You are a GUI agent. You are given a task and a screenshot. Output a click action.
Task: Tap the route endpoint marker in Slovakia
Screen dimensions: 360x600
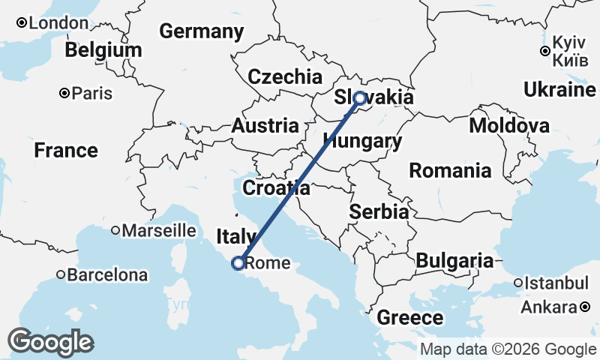point(360,97)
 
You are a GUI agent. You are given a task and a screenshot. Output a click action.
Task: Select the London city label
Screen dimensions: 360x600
point(58,23)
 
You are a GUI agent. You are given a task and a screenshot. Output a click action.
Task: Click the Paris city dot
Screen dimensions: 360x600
point(65,94)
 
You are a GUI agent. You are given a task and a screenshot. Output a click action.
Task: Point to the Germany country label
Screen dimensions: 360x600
point(202,31)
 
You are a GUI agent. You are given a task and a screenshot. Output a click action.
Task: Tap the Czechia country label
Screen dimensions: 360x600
point(285,76)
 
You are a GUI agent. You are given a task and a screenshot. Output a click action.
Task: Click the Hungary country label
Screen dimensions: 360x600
point(362,141)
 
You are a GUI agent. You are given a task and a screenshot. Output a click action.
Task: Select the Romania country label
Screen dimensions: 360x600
point(450,171)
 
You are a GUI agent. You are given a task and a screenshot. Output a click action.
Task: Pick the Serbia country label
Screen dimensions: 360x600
point(379,212)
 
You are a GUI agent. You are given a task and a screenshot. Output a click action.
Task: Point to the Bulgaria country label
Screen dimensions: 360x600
point(454,261)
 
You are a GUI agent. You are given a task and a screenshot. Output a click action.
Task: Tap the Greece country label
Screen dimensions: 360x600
point(409,317)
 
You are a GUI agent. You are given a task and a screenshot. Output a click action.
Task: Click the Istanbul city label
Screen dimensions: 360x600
point(557,283)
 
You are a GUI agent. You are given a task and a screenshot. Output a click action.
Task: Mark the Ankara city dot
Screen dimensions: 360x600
point(586,307)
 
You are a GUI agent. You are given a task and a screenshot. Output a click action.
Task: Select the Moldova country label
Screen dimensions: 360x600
point(509,125)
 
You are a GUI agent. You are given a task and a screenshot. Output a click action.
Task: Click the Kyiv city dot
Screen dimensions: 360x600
point(545,51)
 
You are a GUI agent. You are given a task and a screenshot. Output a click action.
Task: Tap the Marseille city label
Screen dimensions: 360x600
point(158,230)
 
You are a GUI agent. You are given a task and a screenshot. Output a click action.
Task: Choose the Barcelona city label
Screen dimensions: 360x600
point(107,275)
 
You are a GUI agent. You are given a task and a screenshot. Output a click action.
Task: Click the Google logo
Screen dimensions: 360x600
point(51,342)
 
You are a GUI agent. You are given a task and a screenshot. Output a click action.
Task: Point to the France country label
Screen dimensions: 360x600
point(66,150)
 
